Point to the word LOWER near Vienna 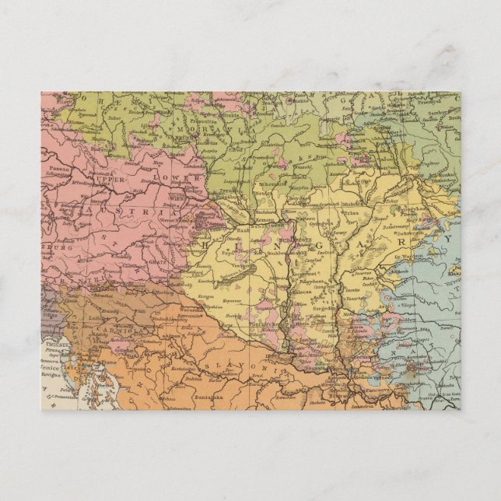tap(178, 178)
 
